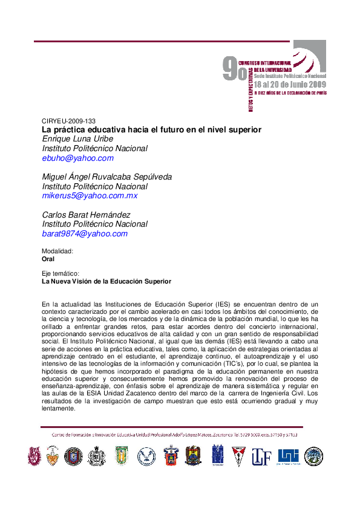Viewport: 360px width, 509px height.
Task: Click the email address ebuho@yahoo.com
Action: pyautogui.click(x=77, y=158)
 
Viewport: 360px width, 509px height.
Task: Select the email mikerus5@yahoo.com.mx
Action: pyautogui.click(x=90, y=196)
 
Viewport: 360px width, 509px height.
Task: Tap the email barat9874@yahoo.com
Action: pyautogui.click(x=85, y=234)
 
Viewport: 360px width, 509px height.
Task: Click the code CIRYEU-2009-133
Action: pyautogui.click(x=68, y=121)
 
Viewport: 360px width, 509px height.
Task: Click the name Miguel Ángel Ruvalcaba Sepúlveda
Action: pyautogui.click(x=106, y=177)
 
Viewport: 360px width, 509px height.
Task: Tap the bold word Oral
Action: pyautogui.click(x=48, y=259)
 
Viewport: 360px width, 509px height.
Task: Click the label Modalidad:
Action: pyautogui.click(x=57, y=251)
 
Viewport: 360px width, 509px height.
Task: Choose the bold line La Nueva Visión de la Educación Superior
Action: pyautogui.click(x=106, y=281)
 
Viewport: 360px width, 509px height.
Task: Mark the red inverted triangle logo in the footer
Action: pyautogui.click(x=239, y=456)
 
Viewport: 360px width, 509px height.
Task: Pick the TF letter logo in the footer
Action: pyautogui.click(x=261, y=456)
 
